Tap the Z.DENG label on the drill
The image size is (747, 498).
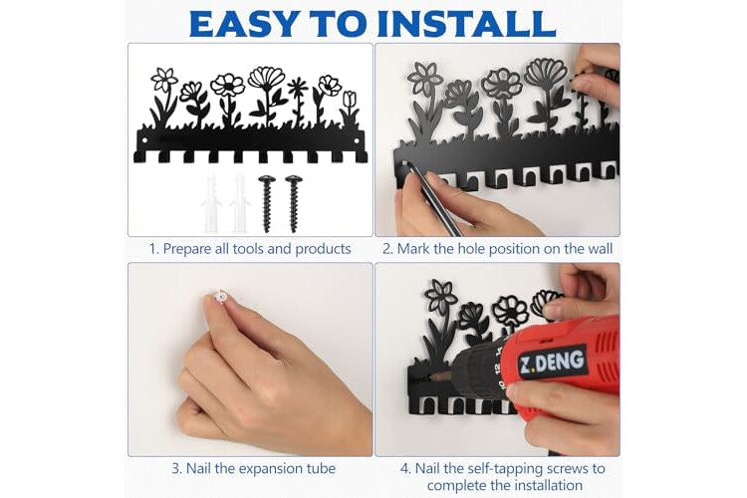click(552, 361)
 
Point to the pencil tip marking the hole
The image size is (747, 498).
click(406, 165)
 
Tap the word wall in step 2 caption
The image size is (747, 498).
click(599, 249)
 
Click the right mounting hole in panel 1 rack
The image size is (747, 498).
click(359, 141)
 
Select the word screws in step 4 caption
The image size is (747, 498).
click(575, 468)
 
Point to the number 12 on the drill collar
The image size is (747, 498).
click(496, 369)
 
